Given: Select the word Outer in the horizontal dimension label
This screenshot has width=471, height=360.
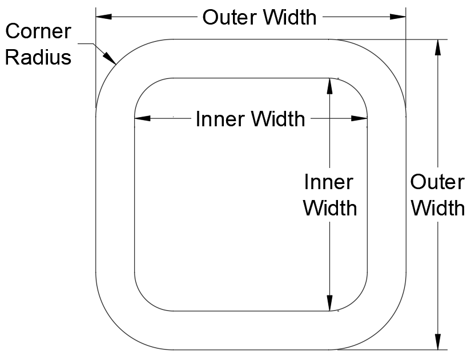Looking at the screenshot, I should [x=227, y=18].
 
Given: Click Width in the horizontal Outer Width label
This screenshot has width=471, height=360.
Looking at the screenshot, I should [x=287, y=18].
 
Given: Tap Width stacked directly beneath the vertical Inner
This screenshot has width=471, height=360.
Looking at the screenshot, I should [x=330, y=208].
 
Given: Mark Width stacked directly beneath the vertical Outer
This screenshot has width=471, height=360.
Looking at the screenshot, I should [x=438, y=208].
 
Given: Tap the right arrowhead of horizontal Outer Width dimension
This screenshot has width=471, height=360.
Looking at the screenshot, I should [x=398, y=17].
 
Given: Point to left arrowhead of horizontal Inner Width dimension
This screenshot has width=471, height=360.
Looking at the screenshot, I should [x=142, y=119].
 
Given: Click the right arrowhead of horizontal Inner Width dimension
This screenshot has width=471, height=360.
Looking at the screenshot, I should [x=360, y=119].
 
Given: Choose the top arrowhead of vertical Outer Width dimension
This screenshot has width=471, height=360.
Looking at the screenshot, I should [x=438, y=47].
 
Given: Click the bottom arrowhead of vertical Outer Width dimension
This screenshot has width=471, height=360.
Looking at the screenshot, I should [x=438, y=342].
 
